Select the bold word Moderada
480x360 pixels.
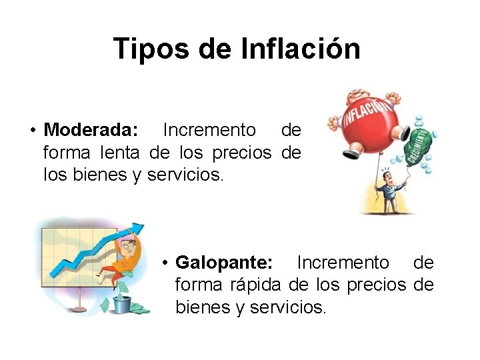pos(91,129)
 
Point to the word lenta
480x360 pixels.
pos(119,153)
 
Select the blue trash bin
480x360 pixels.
pos(121,304)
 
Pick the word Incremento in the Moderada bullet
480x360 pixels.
pos(209,129)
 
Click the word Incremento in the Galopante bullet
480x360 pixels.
pos(342,262)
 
